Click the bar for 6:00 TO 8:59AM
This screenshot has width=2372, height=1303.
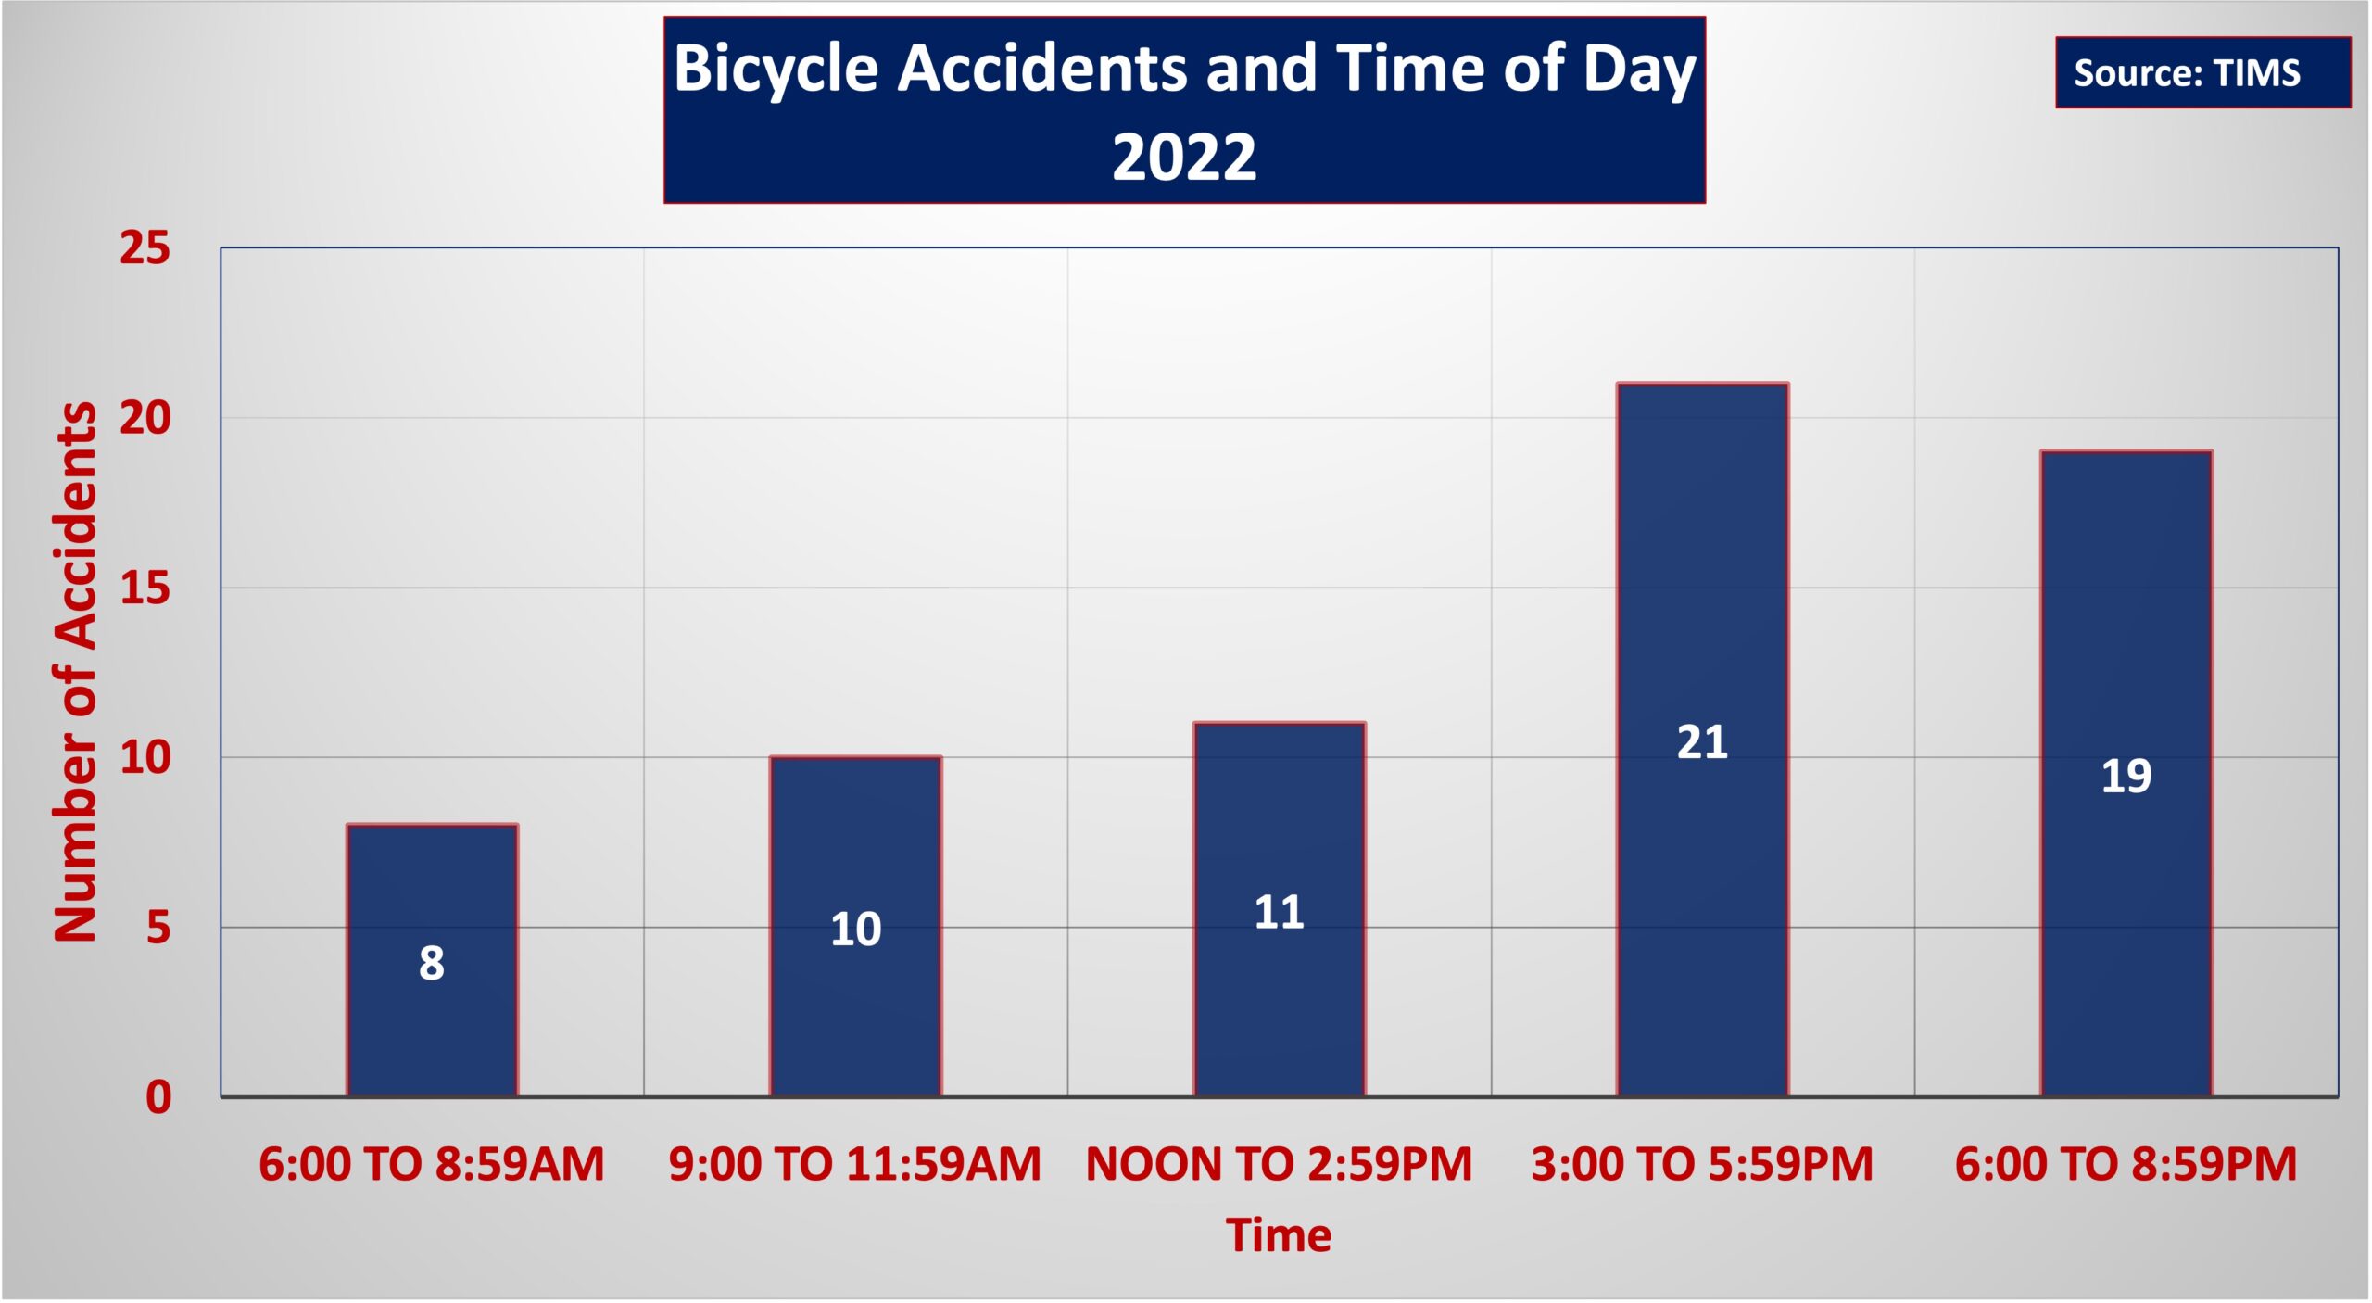(432, 960)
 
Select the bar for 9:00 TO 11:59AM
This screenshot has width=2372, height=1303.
(855, 927)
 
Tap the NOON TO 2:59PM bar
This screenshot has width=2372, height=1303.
(1280, 909)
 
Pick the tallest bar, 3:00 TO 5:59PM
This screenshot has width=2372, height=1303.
(1703, 740)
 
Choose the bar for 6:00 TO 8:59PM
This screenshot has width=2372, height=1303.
(2126, 774)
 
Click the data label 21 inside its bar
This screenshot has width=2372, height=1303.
(1703, 742)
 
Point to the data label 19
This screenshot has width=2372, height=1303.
(2126, 776)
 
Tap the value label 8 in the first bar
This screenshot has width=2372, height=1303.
(432, 963)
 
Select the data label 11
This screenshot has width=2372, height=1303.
(1280, 913)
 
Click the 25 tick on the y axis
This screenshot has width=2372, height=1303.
(145, 248)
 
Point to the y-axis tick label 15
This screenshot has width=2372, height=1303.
(145, 588)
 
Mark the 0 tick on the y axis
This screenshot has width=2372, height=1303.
(158, 1097)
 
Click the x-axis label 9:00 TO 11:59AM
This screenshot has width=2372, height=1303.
(855, 1164)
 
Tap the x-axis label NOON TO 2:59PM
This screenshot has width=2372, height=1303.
(1280, 1164)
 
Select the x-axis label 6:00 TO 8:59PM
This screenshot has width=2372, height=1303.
(2126, 1164)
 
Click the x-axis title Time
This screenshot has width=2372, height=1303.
(1279, 1235)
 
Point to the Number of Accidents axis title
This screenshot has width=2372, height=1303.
(75, 672)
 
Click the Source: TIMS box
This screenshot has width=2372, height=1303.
(2203, 72)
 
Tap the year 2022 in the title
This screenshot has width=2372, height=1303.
(1184, 157)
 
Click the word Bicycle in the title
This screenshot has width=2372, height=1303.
(776, 70)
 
